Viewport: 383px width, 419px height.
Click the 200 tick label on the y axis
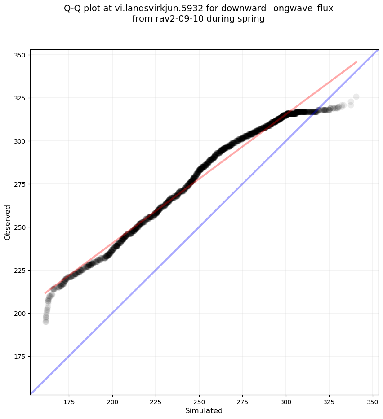coord(21,313)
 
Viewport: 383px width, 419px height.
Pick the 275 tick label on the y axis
coord(21,184)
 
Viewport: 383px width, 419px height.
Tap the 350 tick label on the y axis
coord(21,55)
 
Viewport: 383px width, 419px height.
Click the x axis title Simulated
coord(204,410)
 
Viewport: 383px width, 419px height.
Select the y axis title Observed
coord(8,222)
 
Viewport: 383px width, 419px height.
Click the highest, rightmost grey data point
coord(356,96)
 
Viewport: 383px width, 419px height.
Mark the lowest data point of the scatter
coord(46,322)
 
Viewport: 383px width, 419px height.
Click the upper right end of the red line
coord(356,62)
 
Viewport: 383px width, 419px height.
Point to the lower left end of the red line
coord(45,293)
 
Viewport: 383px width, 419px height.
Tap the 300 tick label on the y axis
coord(21,141)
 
